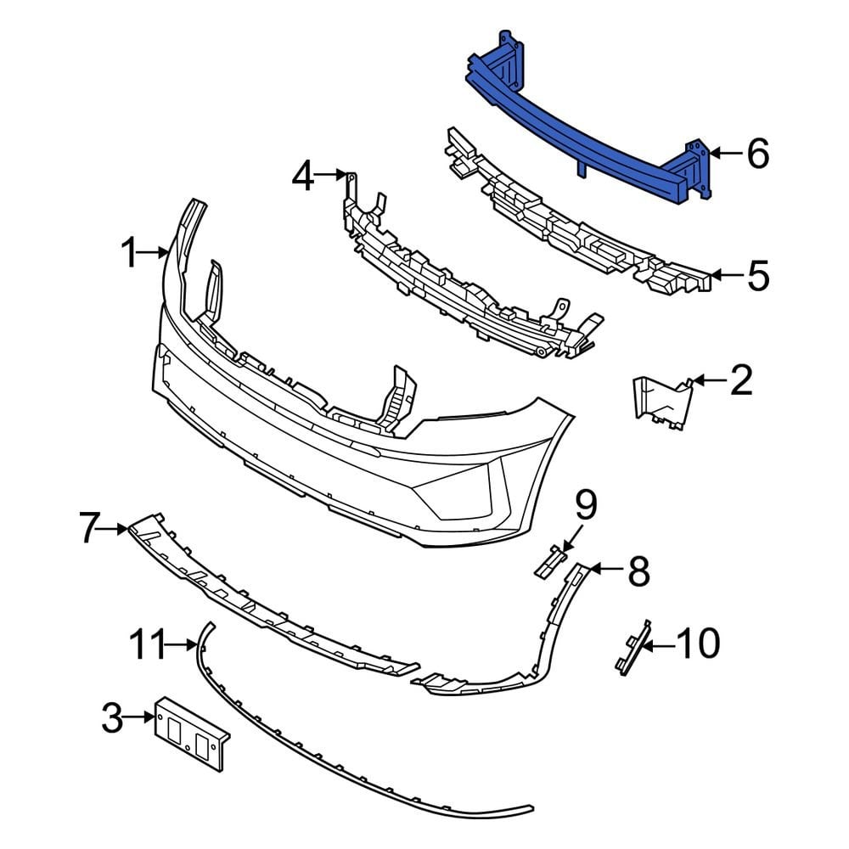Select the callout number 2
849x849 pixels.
tap(740, 382)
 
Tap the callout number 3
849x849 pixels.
tap(112, 719)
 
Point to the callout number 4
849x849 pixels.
tap(303, 177)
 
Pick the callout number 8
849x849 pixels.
tap(638, 571)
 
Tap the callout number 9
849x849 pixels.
tap(586, 506)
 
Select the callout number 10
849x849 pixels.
tap(697, 644)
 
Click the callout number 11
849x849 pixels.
tap(149, 645)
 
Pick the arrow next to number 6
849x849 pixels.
tap(720, 154)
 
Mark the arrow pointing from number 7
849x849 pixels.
tap(117, 529)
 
